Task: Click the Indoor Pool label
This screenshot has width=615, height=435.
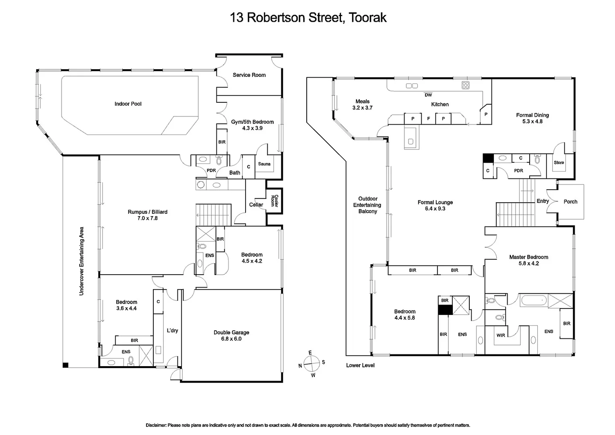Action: coord(128,104)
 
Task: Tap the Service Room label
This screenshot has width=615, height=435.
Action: coord(249,75)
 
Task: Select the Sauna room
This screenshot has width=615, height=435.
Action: coord(264,164)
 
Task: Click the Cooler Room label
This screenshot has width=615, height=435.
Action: coord(274,201)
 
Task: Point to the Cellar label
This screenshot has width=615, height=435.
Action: coord(256,205)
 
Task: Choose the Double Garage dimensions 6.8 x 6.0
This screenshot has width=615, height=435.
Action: coord(231,339)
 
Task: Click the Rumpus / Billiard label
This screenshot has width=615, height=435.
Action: coord(147,212)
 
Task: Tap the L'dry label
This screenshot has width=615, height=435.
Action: coord(172,331)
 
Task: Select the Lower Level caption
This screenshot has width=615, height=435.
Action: coord(360,365)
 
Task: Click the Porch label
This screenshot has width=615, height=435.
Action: coord(570,201)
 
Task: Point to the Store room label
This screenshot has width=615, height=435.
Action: coord(559,163)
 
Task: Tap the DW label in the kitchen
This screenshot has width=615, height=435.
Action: coord(428,95)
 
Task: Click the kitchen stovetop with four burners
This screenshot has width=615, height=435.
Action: coord(465,85)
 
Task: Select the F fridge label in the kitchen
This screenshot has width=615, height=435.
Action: coord(428,119)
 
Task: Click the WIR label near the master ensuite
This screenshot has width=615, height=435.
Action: coord(501,335)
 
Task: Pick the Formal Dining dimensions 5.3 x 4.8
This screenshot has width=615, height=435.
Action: coord(532,121)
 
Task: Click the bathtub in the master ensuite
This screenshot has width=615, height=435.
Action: coord(533,300)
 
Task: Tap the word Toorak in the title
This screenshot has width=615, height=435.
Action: coord(367,17)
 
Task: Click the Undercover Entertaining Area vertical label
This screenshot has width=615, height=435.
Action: coord(81,261)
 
